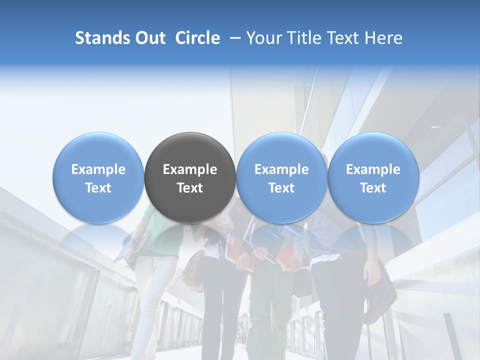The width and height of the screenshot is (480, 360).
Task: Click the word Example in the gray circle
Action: point(190,169)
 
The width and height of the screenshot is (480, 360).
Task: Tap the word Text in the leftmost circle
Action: point(98,188)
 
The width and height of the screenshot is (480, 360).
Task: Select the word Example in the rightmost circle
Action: point(373,169)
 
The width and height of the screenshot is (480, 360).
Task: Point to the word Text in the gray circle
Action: point(190,188)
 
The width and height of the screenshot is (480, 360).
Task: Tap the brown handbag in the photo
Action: point(192,270)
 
